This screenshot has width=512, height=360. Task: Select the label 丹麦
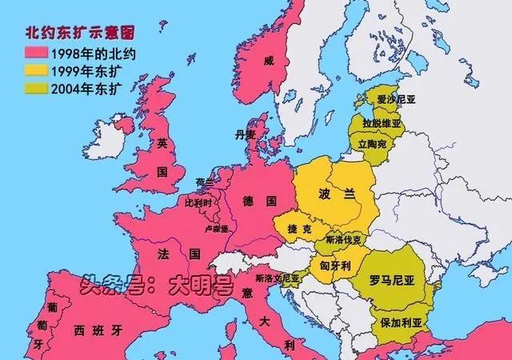click(x=245, y=134)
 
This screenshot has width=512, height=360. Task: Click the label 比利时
click(x=199, y=203)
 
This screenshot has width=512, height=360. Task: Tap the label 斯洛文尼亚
click(x=277, y=278)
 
